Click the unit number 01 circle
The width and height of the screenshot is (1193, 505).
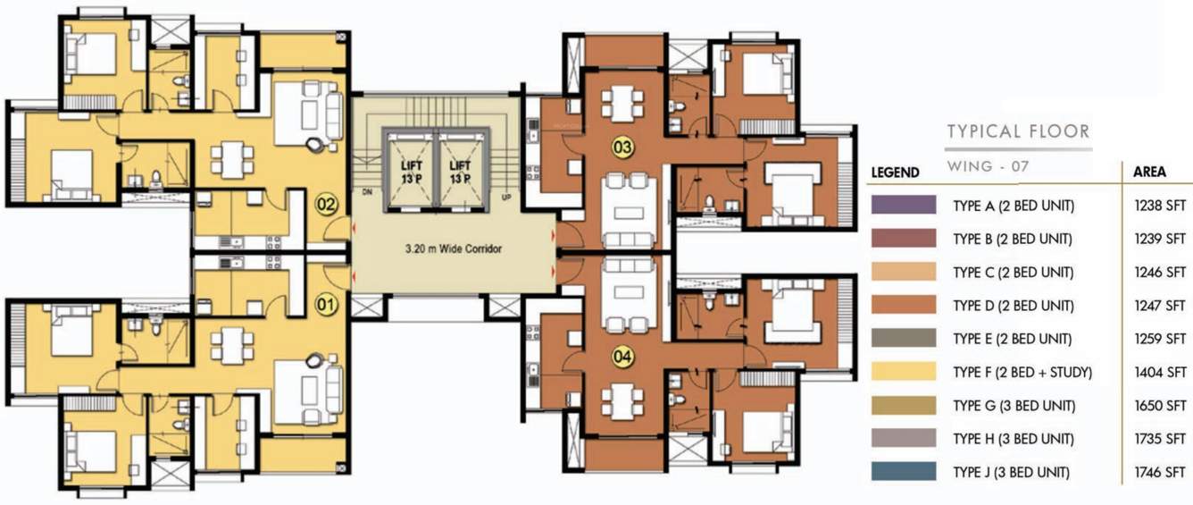coord(325,304)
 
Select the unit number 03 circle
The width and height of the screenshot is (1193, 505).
coord(622,144)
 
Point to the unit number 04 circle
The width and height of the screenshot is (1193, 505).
coord(622,358)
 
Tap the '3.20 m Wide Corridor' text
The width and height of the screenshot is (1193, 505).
coord(452,249)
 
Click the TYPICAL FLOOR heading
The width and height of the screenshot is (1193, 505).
coord(1018,132)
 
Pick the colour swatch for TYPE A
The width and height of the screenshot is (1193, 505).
coord(904,206)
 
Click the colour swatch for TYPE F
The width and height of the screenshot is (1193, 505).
coord(904,372)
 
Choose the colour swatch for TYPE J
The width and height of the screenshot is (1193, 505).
coord(904,472)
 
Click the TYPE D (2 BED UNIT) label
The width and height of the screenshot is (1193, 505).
coord(1013,306)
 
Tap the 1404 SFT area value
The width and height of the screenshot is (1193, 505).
coord(1163,372)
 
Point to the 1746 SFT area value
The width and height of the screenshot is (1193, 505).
coord(1163,472)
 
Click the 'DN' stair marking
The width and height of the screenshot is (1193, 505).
coord(364,191)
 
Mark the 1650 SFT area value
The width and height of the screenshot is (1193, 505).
coord(1163,406)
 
